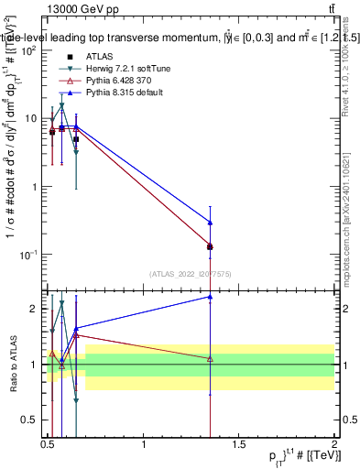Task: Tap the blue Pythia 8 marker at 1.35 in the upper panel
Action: [211, 223]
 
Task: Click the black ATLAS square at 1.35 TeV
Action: [211, 246]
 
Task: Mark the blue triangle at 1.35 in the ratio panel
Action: [211, 297]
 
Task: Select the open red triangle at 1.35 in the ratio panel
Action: [211, 358]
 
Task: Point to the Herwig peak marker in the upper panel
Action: [61, 106]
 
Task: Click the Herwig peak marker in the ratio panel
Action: [61, 303]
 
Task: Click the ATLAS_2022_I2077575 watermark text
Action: [190, 274]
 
